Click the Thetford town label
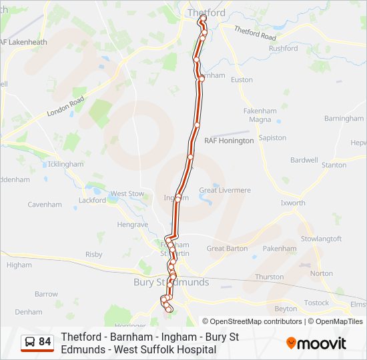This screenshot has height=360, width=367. coord(206,13)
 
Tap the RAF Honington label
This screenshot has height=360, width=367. coord(229,141)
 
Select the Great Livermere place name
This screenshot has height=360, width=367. coord(225,190)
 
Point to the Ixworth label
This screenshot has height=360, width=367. coord(293,203)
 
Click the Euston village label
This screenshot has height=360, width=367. coord(242,80)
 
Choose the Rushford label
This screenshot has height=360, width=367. coord(283,48)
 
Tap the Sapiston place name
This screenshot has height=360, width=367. coord(272,137)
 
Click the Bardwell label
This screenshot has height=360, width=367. coord(304,160)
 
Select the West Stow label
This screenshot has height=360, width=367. coord(127,194)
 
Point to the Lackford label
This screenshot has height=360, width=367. coord(92,200)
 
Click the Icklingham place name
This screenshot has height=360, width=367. coord(66,164)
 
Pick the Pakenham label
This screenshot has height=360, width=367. coord(280,248)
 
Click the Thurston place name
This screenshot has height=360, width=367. coord(269,277)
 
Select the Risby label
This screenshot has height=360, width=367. coord(94,254)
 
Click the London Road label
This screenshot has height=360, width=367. coord(65,107)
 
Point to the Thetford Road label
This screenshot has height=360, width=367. coord(254,33)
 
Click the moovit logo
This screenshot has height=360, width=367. coord(316,343)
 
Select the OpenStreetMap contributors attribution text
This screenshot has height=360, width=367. coord(256,321)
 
